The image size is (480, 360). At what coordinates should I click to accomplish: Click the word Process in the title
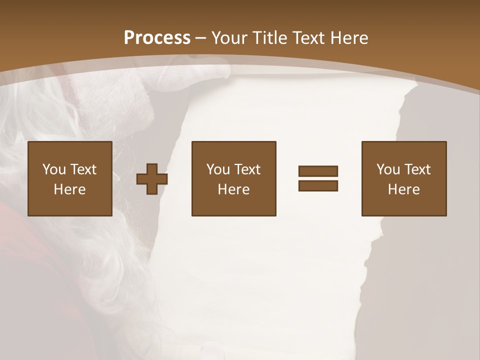pos(157,37)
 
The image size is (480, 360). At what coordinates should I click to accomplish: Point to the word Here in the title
pos(351,37)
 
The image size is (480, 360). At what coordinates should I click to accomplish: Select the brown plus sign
pos(152,179)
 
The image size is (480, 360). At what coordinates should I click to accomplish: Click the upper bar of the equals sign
pos(318,171)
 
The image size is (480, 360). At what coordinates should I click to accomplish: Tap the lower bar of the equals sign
pos(318,185)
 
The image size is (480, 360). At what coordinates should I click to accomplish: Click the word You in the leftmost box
pos(54,169)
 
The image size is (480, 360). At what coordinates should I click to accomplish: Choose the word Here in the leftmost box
pos(69,189)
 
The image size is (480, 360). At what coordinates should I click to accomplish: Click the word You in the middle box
pos(218,169)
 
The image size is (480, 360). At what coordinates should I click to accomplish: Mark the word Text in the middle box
pos(247,169)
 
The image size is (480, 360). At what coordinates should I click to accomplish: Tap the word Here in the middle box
pos(233,189)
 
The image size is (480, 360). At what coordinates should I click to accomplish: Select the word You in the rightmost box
pos(388,169)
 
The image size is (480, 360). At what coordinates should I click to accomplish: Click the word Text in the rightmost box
pos(417,169)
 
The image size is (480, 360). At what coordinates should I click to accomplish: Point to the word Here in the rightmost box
pos(403,189)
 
